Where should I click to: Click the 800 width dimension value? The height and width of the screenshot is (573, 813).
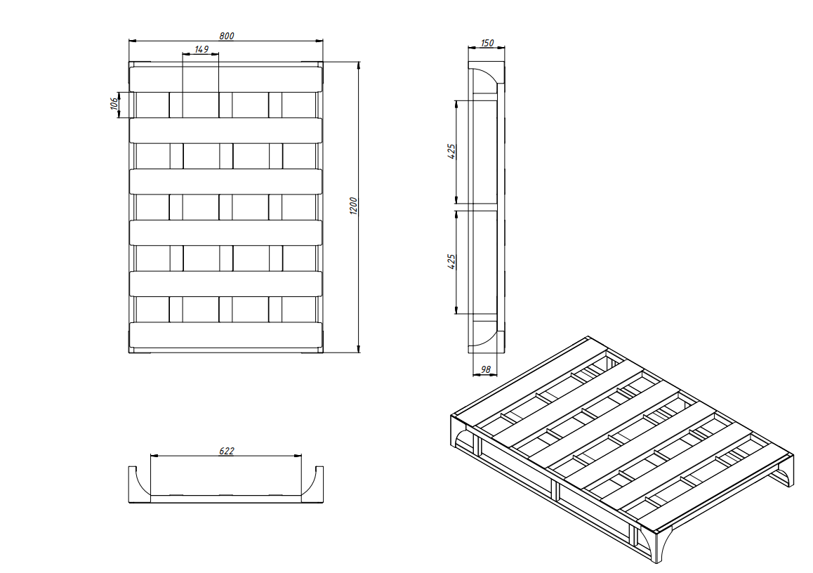pyautogui.click(x=227, y=36)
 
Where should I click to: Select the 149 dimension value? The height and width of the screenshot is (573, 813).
pyautogui.click(x=201, y=49)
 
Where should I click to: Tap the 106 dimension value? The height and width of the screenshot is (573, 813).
pyautogui.click(x=114, y=103)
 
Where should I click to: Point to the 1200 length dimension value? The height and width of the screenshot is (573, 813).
pyautogui.click(x=353, y=206)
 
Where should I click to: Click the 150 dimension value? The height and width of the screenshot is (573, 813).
pyautogui.click(x=487, y=43)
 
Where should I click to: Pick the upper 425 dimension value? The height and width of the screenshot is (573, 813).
pyautogui.click(x=451, y=152)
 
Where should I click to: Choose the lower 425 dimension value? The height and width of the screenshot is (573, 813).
pyautogui.click(x=451, y=261)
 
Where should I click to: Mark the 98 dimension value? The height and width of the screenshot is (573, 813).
pyautogui.click(x=486, y=370)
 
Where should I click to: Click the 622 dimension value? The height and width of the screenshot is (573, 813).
pyautogui.click(x=227, y=451)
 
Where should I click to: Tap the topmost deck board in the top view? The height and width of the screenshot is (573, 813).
pyautogui.click(x=225, y=79)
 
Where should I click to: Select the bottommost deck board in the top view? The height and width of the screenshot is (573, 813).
pyautogui.click(x=225, y=335)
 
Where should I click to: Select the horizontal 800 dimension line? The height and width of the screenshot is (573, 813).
pyautogui.click(x=225, y=41)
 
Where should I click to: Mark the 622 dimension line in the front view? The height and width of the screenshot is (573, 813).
pyautogui.click(x=226, y=456)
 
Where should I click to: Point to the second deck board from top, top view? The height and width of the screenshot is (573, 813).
pyautogui.click(x=225, y=130)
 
